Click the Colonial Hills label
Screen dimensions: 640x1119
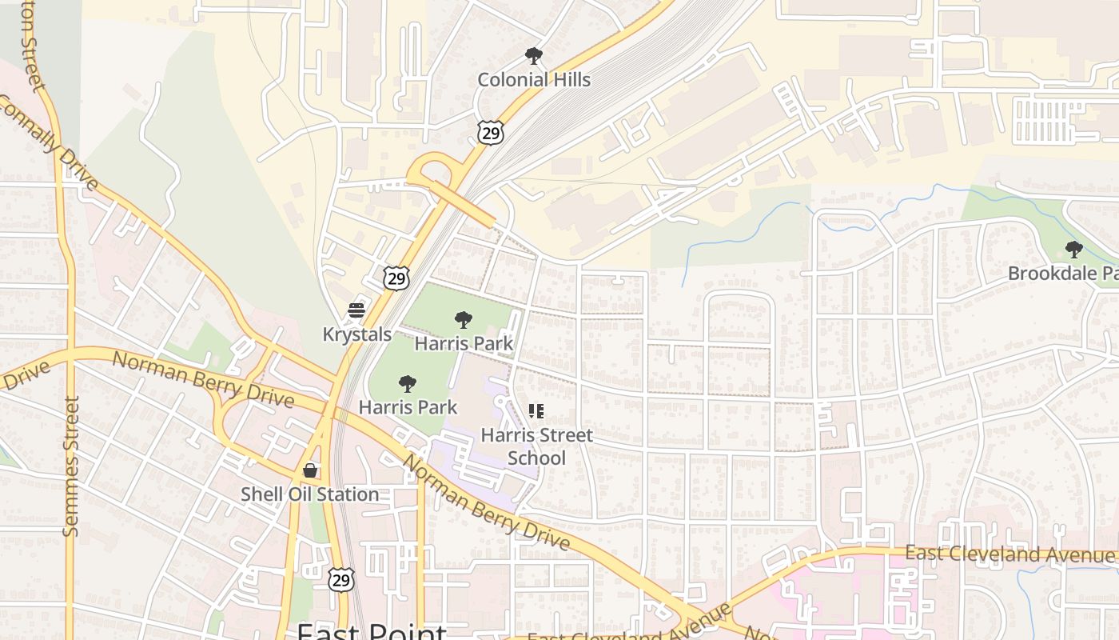pos(534,80)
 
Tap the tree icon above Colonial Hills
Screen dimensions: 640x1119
pos(534,56)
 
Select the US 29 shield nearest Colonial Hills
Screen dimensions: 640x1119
pos(491,132)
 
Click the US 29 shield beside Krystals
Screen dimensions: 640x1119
pos(396,278)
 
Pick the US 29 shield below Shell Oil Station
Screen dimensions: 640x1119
pos(341,579)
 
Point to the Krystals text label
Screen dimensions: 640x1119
pos(356,334)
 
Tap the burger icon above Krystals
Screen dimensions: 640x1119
pos(356,310)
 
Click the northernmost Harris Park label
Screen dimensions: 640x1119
pos(464,344)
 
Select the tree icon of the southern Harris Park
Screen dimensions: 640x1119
pos(408,384)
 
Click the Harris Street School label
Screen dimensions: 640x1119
pos(536,446)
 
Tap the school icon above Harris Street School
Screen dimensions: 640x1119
pos(536,411)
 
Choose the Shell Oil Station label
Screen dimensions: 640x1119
pos(310,494)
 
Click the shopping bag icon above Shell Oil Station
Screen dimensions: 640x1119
pos(310,470)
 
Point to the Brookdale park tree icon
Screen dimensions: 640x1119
pos(1074,250)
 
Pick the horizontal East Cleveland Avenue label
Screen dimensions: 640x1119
pos(1009,554)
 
